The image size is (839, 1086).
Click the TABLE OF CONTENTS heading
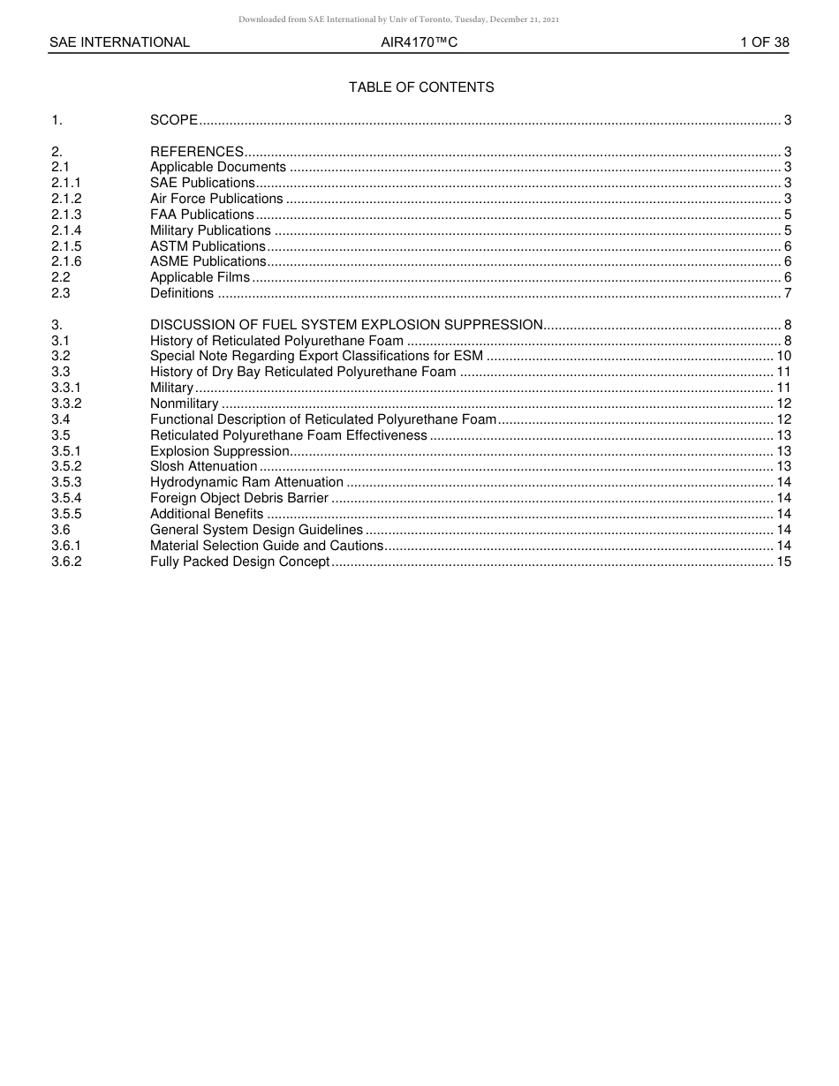pyautogui.click(x=421, y=87)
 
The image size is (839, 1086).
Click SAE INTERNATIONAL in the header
pyautogui.click(x=119, y=42)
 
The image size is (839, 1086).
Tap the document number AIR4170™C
pyautogui.click(x=419, y=42)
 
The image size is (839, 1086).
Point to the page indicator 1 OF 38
pyautogui.click(x=764, y=42)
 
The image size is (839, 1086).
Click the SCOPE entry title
pyautogui.click(x=173, y=120)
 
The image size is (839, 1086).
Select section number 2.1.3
pyautogui.click(x=66, y=215)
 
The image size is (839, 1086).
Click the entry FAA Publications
pyautogui.click(x=201, y=215)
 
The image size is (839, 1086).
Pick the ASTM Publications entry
pyautogui.click(x=208, y=246)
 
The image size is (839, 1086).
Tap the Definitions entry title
pyautogui.click(x=182, y=293)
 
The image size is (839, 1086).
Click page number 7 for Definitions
pyautogui.click(x=787, y=293)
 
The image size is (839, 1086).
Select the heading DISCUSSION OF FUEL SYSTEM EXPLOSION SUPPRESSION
pyautogui.click(x=346, y=325)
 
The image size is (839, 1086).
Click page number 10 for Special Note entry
pyautogui.click(x=783, y=356)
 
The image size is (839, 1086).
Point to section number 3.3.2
pyautogui.click(x=66, y=403)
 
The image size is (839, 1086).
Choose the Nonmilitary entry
pyautogui.click(x=184, y=403)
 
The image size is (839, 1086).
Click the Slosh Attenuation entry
pyautogui.click(x=203, y=466)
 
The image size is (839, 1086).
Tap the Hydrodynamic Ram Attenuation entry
pyautogui.click(x=246, y=482)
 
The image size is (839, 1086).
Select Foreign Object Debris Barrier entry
pyautogui.click(x=238, y=498)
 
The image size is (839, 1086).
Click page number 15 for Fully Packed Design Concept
pyautogui.click(x=783, y=562)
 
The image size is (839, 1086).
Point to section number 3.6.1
pyautogui.click(x=66, y=546)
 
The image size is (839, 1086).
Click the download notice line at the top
pyautogui.click(x=398, y=19)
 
